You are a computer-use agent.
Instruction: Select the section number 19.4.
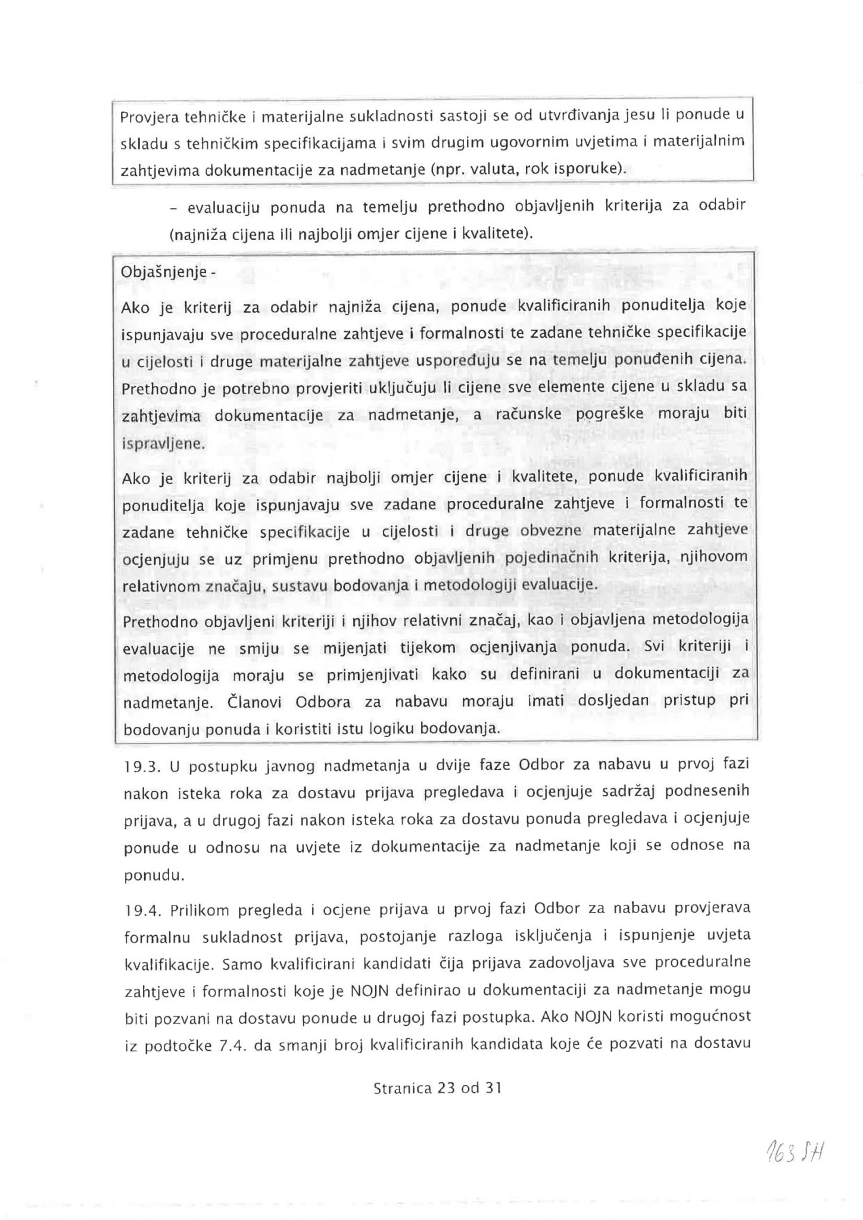(140, 910)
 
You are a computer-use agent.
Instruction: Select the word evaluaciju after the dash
(224, 208)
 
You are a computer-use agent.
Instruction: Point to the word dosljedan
(613, 700)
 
